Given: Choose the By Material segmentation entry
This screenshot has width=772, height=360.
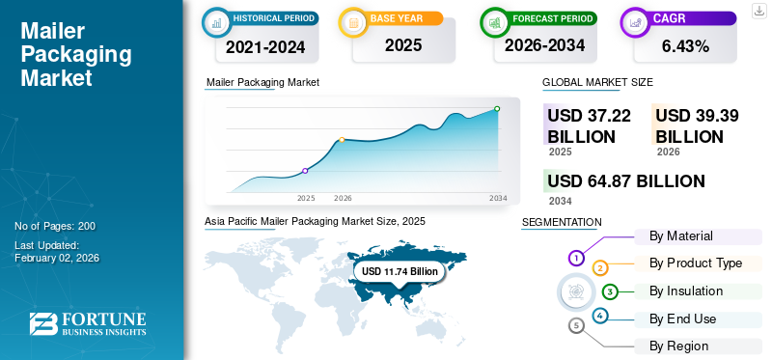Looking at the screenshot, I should pos(681,235).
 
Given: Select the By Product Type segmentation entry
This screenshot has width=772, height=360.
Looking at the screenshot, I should pos(696,263).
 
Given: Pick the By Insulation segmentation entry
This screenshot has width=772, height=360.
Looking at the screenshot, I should pos(686,291).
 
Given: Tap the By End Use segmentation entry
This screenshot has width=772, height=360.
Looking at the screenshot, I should pos(682,318).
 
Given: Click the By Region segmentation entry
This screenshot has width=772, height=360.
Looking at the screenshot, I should pos(679,346).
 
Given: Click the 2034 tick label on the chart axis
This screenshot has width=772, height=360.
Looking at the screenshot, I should pos(498,198).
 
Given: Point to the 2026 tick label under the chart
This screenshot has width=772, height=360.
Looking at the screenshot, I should pos(343,198).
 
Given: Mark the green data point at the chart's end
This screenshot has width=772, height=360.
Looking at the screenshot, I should pos(497,109).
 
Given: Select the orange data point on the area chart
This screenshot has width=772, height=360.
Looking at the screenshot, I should pos(342,140).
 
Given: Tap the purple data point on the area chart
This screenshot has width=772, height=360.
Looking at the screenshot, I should pos(306,171).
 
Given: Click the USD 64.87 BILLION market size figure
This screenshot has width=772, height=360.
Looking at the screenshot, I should pos(626,181).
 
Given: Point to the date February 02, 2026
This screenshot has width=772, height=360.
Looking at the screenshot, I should pos(57,258).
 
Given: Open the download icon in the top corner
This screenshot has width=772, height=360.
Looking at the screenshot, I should pos(758,10).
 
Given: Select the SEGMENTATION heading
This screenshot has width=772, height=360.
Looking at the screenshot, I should pos(561,222).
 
